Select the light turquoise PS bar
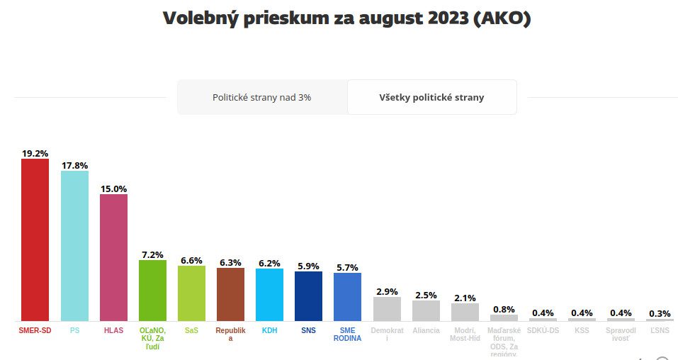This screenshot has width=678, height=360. point(74,246)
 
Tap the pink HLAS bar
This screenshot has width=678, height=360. point(113,257)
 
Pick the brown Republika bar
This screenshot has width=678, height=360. point(230,294)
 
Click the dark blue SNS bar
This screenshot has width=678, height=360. point(308,296)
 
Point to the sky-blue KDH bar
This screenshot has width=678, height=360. point(269,295)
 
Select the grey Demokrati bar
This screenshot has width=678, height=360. point(387,309)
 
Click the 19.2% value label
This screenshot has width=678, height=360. point(35,152)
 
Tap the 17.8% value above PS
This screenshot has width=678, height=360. point(74,165)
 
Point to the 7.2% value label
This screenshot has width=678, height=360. point(152,254)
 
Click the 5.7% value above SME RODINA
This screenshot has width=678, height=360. point(347,267)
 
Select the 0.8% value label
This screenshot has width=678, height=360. point(504,309)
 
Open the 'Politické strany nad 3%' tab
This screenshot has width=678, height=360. point(262,98)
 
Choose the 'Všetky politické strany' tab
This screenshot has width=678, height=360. point(431,98)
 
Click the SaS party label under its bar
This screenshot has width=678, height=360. point(191,331)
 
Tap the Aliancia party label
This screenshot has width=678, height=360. point(426,331)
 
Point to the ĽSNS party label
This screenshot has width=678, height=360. point(660,331)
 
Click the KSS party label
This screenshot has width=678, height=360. point(582,331)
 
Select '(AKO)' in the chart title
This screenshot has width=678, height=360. point(502,18)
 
